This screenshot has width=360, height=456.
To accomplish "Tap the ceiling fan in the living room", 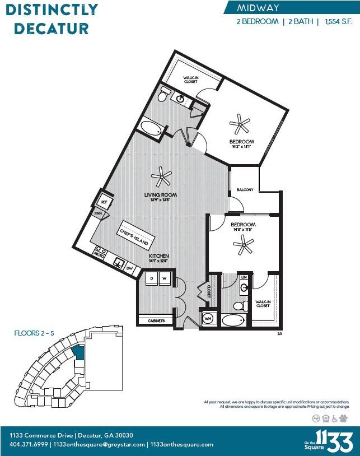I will point(163,178).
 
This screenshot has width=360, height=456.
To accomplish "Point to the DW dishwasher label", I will point(129,268).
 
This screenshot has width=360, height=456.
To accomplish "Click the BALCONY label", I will point(245,190).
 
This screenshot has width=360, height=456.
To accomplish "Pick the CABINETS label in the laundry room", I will point(156,320).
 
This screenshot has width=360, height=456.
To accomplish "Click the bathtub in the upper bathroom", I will point(151,128).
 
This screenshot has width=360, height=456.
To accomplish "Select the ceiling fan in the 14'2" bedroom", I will point(242,123).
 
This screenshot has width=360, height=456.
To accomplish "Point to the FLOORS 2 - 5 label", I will point(34,333).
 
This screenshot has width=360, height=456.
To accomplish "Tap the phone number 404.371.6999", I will point(28,444).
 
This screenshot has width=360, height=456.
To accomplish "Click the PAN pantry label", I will point(97,213).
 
